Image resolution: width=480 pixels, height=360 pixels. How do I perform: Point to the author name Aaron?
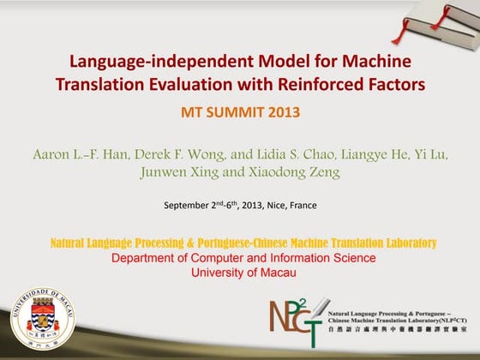[54, 155]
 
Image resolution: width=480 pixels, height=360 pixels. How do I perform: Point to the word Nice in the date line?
[275, 206]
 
